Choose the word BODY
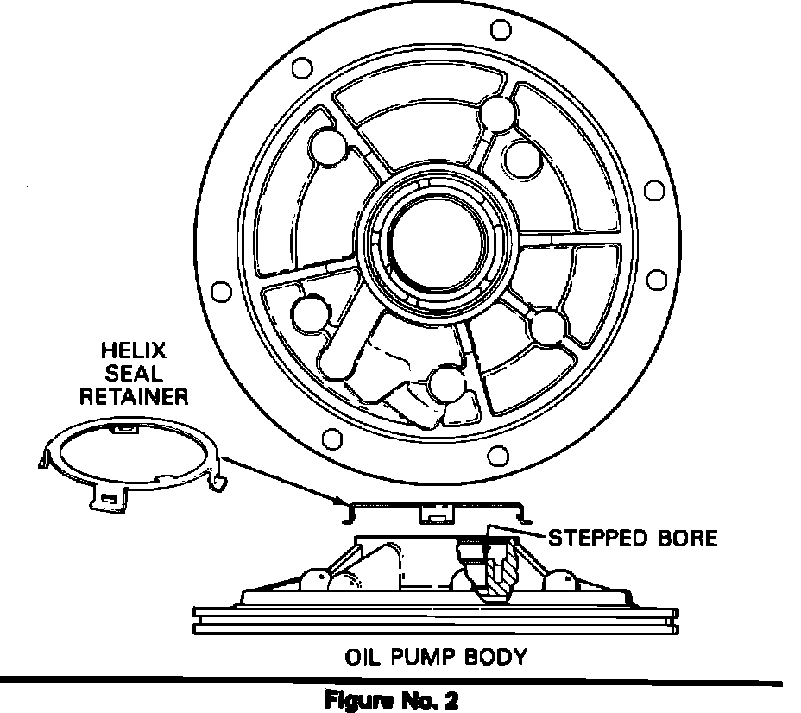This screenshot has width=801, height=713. point(495,657)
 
